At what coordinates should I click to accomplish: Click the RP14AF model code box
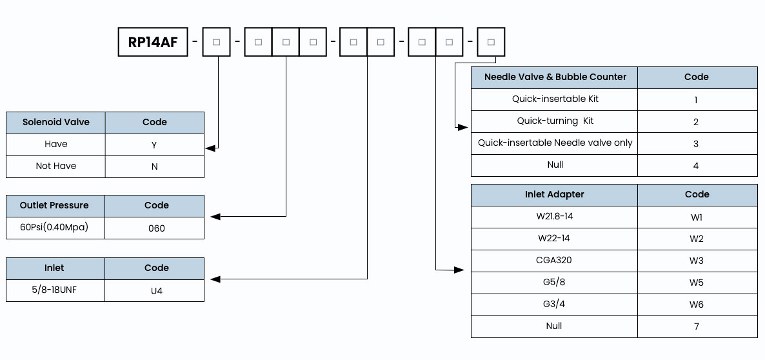coord(153,42)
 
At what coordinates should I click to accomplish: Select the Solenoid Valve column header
coord(55,123)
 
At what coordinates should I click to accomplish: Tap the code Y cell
coord(154,145)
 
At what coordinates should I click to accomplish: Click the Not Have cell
coord(55,166)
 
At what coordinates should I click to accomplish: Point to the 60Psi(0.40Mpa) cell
coord(55,228)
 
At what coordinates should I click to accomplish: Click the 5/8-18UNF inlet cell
coord(55,290)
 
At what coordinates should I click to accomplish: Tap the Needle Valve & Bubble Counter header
coord(555,77)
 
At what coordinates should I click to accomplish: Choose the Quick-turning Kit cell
coord(555,121)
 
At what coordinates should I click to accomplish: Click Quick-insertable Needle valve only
coord(555,143)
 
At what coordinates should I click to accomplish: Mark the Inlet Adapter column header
coord(554,195)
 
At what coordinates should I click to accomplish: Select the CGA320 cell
coord(554,261)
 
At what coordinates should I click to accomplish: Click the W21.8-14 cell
coord(554,217)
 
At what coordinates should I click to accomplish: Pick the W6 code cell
coord(697,305)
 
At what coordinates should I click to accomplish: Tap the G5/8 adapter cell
coord(554,283)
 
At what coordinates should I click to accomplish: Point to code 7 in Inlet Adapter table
coord(697,326)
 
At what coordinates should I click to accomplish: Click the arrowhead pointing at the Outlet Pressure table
coord(215,217)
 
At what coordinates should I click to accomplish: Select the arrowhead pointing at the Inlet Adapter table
coord(459,270)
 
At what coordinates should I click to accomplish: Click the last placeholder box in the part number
coord(491,42)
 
